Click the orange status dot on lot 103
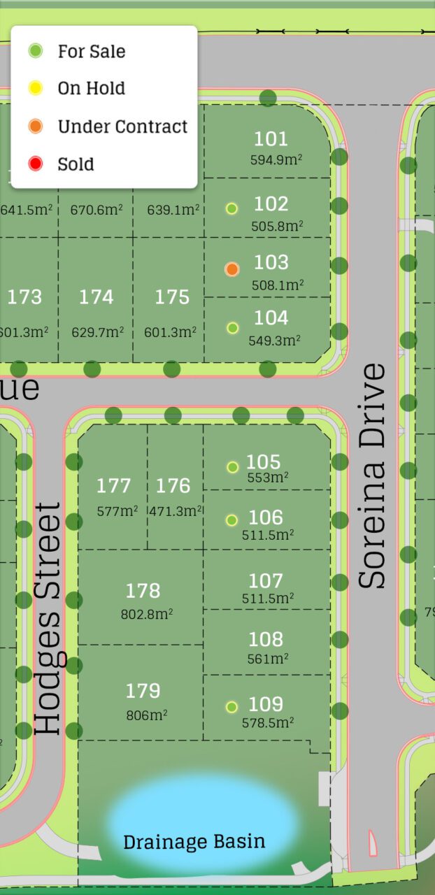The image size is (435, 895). (x=232, y=269)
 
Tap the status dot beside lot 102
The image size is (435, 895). (x=232, y=208)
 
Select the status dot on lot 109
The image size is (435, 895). (x=231, y=706)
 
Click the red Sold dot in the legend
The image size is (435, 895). (x=36, y=164)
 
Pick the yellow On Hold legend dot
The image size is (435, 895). (x=36, y=88)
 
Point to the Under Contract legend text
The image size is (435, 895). (x=122, y=127)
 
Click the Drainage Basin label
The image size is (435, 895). (x=194, y=841)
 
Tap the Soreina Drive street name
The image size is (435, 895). (x=372, y=475)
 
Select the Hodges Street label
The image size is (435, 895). (x=48, y=618)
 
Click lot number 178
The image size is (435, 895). (x=143, y=591)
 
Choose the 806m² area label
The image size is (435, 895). (x=146, y=715)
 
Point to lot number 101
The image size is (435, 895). (x=271, y=138)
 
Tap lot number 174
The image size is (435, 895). (x=96, y=297)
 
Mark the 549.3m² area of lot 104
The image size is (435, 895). (x=275, y=341)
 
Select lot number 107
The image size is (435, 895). (x=266, y=581)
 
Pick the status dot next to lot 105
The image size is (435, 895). (x=232, y=467)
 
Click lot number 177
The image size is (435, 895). (x=113, y=485)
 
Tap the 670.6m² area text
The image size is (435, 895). (x=95, y=209)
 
